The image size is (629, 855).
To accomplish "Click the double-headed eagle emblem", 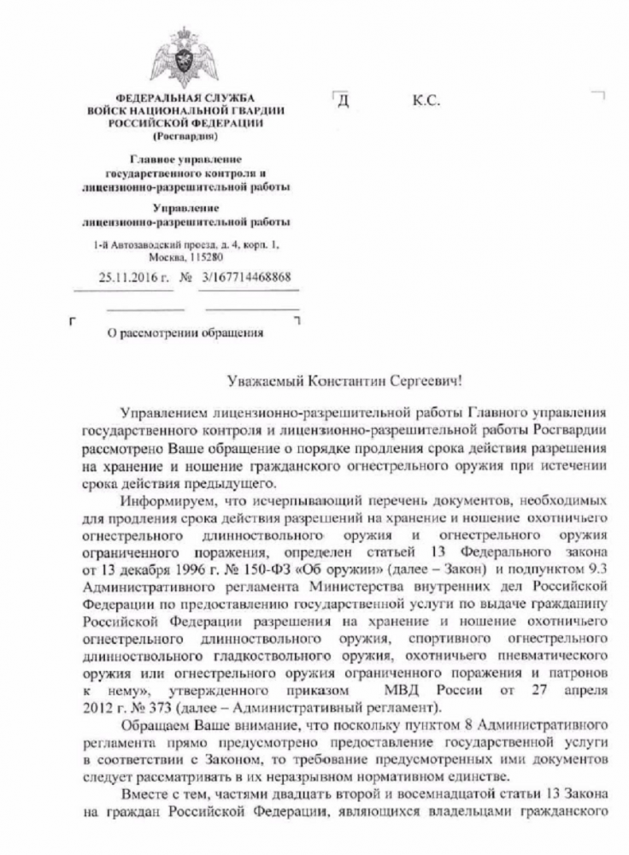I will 185,57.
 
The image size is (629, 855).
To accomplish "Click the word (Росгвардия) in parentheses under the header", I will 185,136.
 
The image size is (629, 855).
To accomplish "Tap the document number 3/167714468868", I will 245,278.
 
